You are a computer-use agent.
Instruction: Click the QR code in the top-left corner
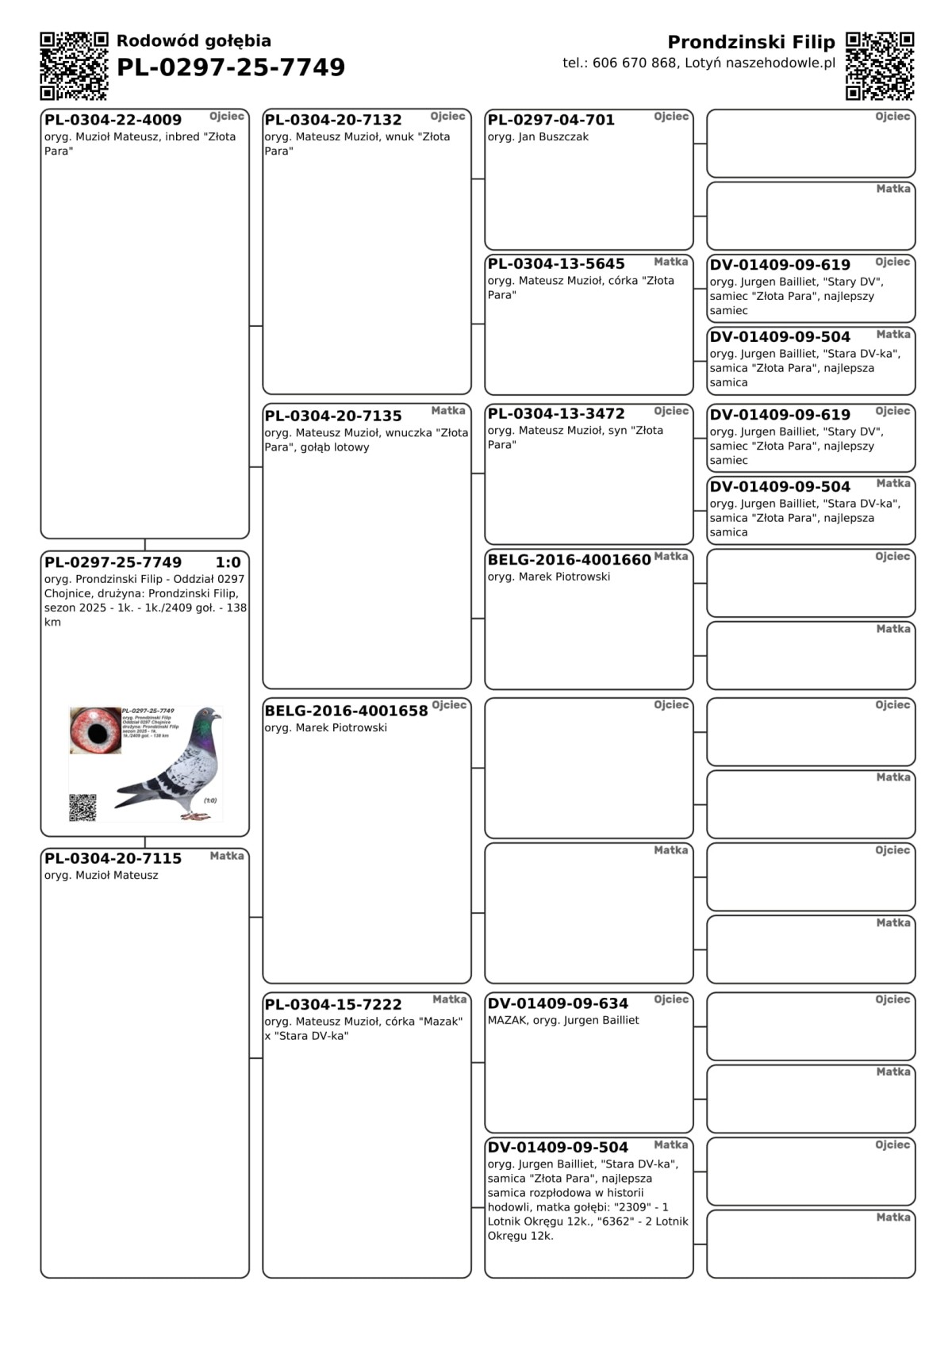point(74,66)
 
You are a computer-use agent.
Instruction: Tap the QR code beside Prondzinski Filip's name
point(880,66)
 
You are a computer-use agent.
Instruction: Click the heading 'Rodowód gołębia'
point(194,40)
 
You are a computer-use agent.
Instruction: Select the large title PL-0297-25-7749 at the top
point(231,67)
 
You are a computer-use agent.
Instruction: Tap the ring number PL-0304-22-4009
point(113,120)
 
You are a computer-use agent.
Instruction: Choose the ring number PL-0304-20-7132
point(333,120)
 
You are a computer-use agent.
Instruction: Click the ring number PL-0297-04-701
point(551,120)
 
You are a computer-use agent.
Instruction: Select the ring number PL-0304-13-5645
point(556,263)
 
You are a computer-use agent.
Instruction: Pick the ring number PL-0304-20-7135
point(333,416)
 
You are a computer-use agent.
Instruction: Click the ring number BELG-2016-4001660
point(569,560)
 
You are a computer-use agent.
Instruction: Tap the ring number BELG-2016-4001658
point(346,711)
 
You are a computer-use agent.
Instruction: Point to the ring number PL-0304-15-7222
point(333,1004)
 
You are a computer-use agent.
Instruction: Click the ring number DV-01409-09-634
point(558,1003)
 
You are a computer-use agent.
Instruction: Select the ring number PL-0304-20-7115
point(113,858)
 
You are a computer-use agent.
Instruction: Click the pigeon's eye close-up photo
point(95,731)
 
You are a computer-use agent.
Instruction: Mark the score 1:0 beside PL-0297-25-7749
point(228,562)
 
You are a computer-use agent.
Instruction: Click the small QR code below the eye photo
point(83,807)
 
